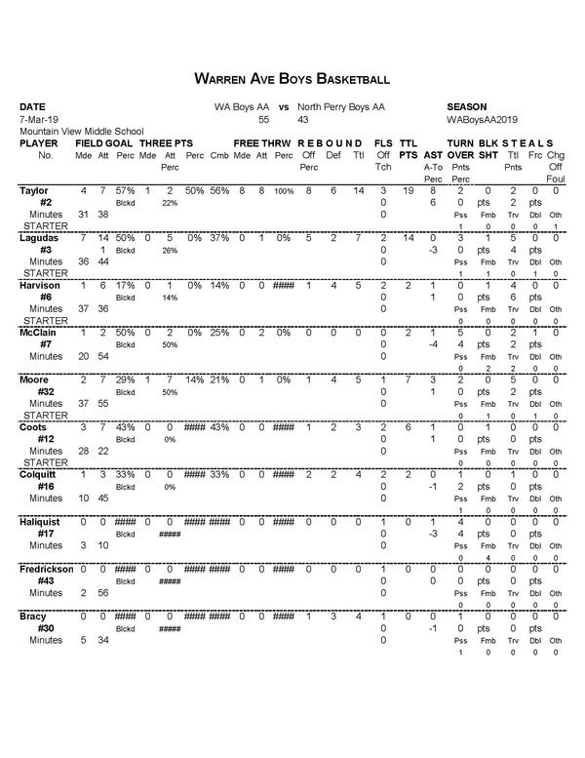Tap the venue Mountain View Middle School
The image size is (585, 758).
tap(81, 131)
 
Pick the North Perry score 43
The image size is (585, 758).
tap(303, 119)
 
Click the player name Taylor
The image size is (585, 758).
tap(35, 191)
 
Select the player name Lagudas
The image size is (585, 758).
tap(40, 238)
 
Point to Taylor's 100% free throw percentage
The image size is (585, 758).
tap(283, 191)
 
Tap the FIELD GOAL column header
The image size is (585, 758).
tap(104, 142)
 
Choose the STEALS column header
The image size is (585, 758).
tap(530, 142)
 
